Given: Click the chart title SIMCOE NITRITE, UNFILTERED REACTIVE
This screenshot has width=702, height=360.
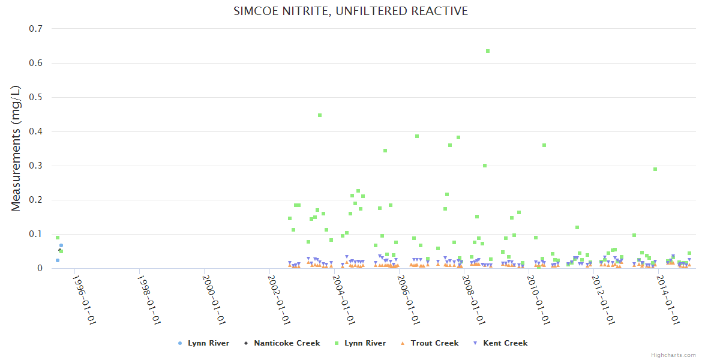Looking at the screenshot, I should (350, 11).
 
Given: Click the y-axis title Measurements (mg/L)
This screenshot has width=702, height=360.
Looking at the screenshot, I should (16, 148).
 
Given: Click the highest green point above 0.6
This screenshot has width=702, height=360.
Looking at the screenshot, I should (488, 51).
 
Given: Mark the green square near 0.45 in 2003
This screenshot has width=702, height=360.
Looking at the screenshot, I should (320, 115).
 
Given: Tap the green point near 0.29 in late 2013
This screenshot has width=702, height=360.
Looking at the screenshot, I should (655, 169).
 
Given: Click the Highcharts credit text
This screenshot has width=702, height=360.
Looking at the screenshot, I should (673, 355).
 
